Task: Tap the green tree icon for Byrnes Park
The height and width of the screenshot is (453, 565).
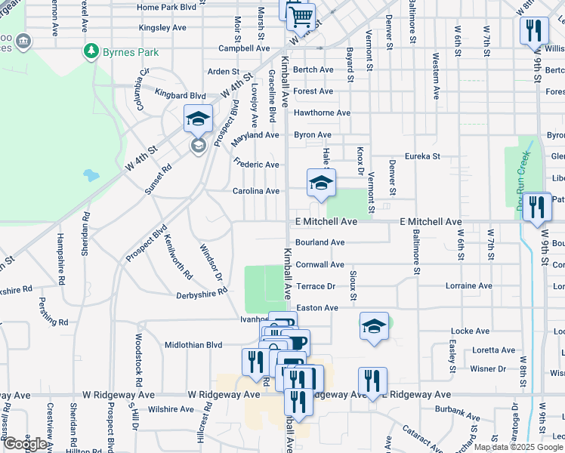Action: coord(91,52)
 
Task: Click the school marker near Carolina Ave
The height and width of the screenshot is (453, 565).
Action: coord(321,182)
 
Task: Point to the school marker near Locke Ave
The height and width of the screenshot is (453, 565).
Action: coord(374,326)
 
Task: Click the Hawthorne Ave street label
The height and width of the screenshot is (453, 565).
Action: coord(322,113)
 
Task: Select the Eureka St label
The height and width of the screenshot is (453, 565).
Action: coord(422,156)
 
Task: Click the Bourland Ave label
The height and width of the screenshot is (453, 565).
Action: coord(320,242)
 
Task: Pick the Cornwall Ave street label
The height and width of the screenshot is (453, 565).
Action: coord(320,265)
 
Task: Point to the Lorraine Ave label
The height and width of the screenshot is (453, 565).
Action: coord(469,286)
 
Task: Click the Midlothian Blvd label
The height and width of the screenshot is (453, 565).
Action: coord(193,344)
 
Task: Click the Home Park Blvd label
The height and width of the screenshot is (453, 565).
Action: coord(167,8)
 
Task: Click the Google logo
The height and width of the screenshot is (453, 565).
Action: coord(25,444)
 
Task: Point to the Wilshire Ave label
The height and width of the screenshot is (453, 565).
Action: coord(171,409)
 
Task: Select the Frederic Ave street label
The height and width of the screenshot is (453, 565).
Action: coord(257,164)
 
